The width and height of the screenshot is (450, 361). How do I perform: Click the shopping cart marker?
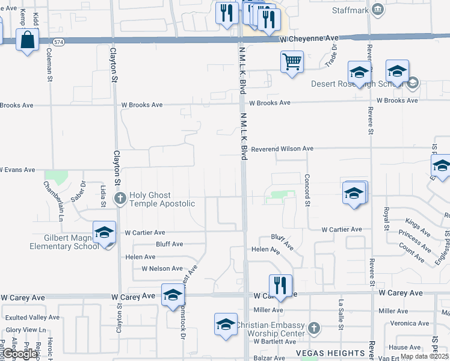pyautogui.click(x=292, y=62)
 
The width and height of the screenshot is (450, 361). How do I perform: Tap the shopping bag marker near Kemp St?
pyautogui.click(x=28, y=41)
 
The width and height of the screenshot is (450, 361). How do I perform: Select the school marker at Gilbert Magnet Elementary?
pyautogui.click(x=104, y=233)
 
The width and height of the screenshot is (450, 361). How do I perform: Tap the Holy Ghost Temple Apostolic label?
pyautogui.click(x=161, y=199)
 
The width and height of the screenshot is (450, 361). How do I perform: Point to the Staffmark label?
pyautogui.click(x=351, y=10)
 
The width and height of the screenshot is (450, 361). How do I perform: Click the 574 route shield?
pyautogui.click(x=58, y=42)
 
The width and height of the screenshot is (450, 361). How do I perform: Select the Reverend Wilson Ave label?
pyautogui.click(x=282, y=148)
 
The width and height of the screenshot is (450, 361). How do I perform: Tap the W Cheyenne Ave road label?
pyautogui.click(x=309, y=38)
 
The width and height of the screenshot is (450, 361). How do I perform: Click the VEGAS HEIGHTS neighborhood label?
pyautogui.click(x=330, y=353)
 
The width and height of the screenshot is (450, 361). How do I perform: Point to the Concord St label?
pyautogui.click(x=307, y=190)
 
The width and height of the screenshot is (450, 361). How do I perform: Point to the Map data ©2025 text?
pyautogui.click(x=424, y=356)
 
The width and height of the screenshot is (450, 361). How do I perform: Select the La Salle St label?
pyautogui.click(x=341, y=310)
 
